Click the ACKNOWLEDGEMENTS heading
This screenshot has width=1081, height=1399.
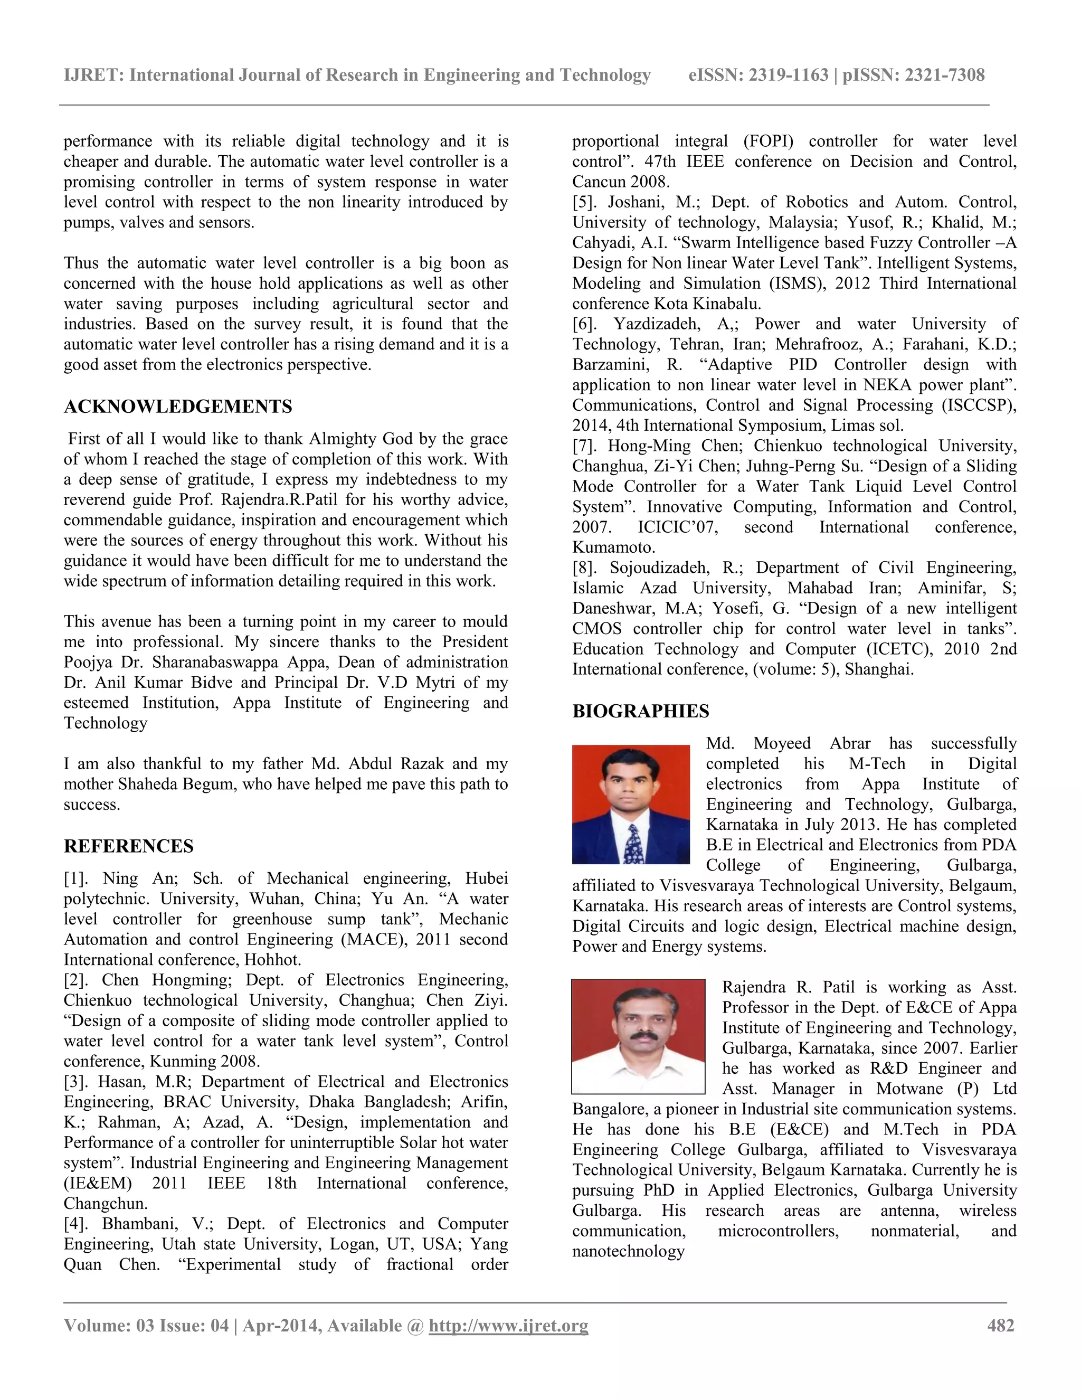[x=177, y=407]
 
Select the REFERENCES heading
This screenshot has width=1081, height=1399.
[x=128, y=846]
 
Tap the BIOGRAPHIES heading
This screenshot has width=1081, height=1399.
[x=640, y=711]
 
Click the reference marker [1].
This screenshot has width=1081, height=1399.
[x=78, y=878]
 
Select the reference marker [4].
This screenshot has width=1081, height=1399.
[x=78, y=1224]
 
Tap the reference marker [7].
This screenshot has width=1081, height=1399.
[x=586, y=446]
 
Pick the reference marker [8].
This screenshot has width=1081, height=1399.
[x=586, y=568]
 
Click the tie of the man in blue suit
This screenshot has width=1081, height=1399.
[x=633, y=844]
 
